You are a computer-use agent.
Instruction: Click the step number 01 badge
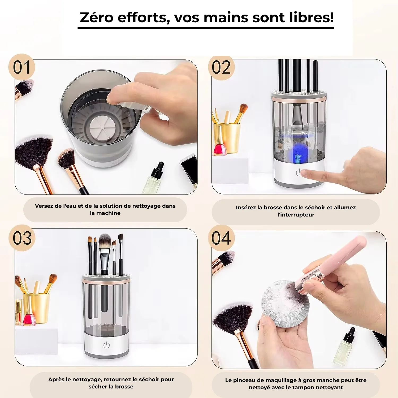tap(21, 67)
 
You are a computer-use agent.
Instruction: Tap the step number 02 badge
tap(221, 68)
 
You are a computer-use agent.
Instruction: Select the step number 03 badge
tap(22, 238)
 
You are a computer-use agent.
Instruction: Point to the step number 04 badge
tap(221, 238)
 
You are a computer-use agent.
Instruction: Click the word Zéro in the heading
tap(97, 18)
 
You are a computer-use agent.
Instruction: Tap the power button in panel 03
tap(106, 345)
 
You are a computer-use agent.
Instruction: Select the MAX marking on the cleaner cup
tap(304, 133)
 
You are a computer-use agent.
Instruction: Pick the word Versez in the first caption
tap(44, 206)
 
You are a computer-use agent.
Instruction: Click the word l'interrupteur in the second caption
tap(296, 215)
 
